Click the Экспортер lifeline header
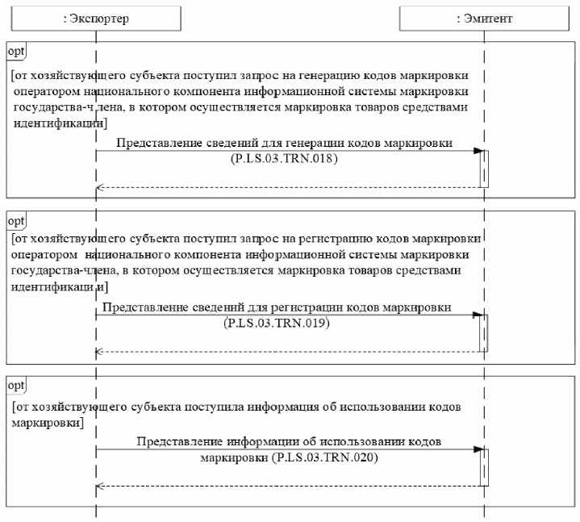(95, 17)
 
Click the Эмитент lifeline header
(483, 17)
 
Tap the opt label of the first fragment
(16, 51)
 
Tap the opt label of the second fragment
(16, 220)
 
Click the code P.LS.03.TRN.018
(283, 160)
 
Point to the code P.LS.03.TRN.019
(278, 324)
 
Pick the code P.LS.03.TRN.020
(326, 458)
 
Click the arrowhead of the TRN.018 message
(478, 151)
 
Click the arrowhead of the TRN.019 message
(478, 315)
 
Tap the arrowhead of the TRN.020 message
(478, 449)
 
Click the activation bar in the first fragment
(485, 169)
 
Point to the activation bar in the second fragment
(485, 332)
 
